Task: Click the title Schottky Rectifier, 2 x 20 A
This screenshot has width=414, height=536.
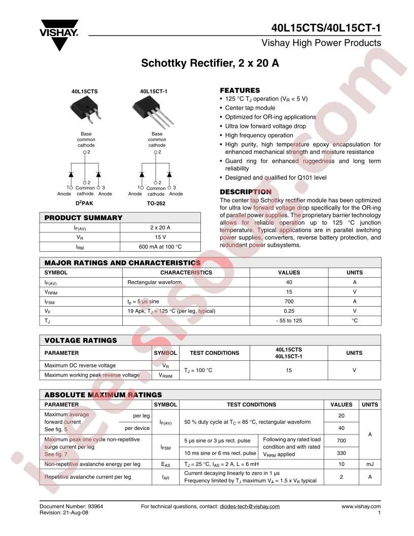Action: pyautogui.click(x=210, y=64)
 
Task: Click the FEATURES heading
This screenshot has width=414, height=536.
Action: pyautogui.click(x=239, y=90)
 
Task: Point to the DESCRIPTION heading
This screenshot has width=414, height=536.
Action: pyautogui.click(x=245, y=192)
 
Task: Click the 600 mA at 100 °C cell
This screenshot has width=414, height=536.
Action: pyautogui.click(x=160, y=247)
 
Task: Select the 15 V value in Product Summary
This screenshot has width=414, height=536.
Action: pyautogui.click(x=160, y=237)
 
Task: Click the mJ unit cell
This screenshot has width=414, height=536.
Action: pyautogui.click(x=370, y=464)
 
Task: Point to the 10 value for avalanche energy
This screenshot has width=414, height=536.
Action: pyautogui.click(x=341, y=464)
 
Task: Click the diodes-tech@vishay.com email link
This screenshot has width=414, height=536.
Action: pyautogui.click(x=249, y=507)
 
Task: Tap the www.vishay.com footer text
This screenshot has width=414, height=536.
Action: pyautogui.click(x=361, y=507)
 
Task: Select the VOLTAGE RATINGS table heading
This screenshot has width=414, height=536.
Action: pyautogui.click(x=81, y=340)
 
